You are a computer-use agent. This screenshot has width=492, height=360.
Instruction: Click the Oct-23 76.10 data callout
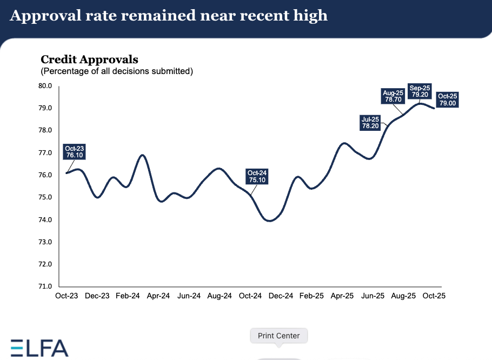pos(75,151)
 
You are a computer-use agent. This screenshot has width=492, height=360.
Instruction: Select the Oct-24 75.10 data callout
pos(257,177)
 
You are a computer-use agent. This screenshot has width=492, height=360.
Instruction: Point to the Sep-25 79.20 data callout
pos(420,91)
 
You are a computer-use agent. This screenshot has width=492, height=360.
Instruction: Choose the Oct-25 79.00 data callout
pos(447,100)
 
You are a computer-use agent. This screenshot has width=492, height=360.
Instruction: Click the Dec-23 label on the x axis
pos(97,296)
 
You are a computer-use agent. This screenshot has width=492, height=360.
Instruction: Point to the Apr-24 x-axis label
pos(158,296)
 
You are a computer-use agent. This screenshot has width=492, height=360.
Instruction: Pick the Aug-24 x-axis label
pos(220,296)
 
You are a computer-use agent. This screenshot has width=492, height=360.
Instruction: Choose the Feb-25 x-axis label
pos(311,296)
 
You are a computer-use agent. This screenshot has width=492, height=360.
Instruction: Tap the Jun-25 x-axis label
pos(373,296)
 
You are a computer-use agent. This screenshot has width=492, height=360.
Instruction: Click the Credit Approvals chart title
pos(89,59)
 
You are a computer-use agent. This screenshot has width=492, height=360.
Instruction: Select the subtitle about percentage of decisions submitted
pos(117,71)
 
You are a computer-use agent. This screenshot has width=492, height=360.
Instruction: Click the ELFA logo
pos(39,348)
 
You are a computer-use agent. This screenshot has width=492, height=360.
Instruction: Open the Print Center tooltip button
pos(279,336)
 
